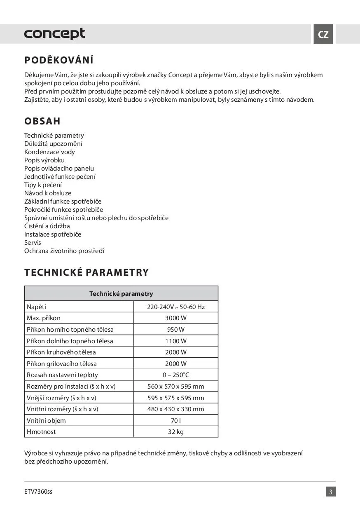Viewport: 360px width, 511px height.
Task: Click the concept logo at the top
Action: pyautogui.click(x=54, y=34)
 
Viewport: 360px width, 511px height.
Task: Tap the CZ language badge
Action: pyautogui.click(x=323, y=34)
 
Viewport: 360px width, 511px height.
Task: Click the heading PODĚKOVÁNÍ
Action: pyautogui.click(x=59, y=60)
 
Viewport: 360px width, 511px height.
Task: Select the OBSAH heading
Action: pyautogui.click(x=42, y=121)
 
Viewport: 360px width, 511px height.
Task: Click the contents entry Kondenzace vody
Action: pyautogui.click(x=49, y=152)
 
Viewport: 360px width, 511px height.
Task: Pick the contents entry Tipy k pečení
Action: pyautogui.click(x=43, y=185)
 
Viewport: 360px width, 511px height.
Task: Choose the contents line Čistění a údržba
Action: pyautogui.click(x=47, y=226)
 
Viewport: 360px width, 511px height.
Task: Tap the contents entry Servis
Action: pyautogui.click(x=33, y=242)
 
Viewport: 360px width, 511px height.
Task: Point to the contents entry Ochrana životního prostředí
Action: pyautogui.click(x=64, y=251)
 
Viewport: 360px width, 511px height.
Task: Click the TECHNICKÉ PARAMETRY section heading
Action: pyautogui.click(x=86, y=272)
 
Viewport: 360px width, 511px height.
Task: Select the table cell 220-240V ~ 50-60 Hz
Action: pyautogui.click(x=176, y=307)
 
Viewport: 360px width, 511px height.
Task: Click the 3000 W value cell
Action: pyautogui.click(x=176, y=318)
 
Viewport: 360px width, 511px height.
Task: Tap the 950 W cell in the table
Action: pyautogui.click(x=176, y=330)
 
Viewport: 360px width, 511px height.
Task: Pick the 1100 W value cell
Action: pyautogui.click(x=176, y=341)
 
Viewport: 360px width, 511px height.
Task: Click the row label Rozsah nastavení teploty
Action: pyautogui.click(x=62, y=375)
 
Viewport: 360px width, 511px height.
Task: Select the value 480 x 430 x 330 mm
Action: pyautogui.click(x=176, y=409)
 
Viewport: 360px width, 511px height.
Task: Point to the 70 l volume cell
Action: pyautogui.click(x=176, y=421)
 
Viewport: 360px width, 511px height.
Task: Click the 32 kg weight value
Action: pyautogui.click(x=176, y=432)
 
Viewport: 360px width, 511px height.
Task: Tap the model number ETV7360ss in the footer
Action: pyautogui.click(x=38, y=492)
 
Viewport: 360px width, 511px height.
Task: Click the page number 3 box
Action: pyautogui.click(x=330, y=492)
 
